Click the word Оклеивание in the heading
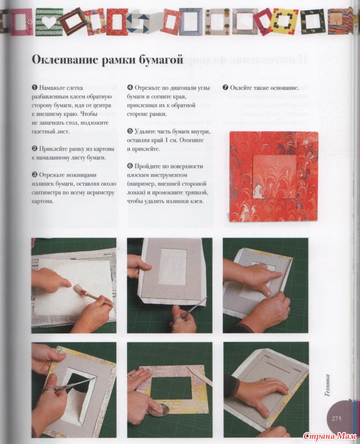(x=65, y=60)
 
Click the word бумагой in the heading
(x=160, y=60)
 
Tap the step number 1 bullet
(x=35, y=88)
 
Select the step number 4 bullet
(x=130, y=88)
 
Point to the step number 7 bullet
(x=226, y=88)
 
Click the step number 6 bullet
(x=130, y=166)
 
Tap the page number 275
(x=336, y=418)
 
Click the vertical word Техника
(x=328, y=385)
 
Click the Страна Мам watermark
(x=329, y=436)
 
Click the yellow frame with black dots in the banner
(x=285, y=21)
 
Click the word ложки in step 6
(x=134, y=193)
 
